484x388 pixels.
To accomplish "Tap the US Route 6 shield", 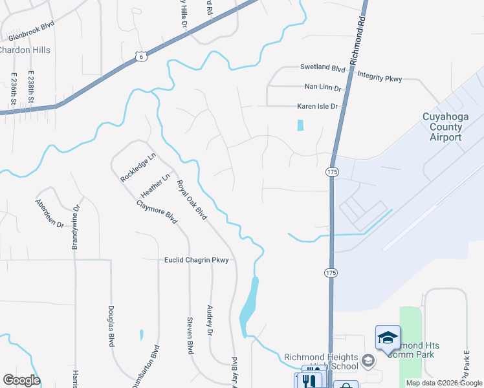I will coord(141,58).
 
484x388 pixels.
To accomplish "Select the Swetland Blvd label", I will coord(323,67).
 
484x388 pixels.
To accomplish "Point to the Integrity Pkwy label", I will coord(380,78).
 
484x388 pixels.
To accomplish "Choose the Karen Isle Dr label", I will coord(317,106).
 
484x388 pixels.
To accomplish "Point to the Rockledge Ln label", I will coord(138,167).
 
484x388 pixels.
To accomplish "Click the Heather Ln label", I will coord(155,186).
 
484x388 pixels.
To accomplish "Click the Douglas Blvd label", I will coord(111,327).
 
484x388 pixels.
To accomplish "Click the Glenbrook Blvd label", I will coord(31,30).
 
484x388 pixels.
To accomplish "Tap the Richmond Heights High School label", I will coord(321,361).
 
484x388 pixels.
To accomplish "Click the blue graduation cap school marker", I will coord(388,338).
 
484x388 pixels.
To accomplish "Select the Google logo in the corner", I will coord(21,380).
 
